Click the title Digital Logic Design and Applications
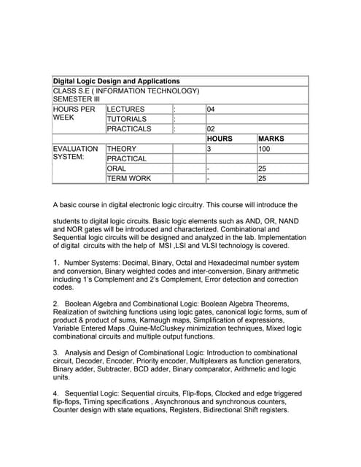coord(116,81)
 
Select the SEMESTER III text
coord(77,99)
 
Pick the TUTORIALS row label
coord(127,119)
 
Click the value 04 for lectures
coord(211,109)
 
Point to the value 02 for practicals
coord(211,129)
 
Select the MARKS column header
coord(271,139)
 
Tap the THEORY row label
coord(122,149)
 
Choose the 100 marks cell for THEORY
coord(264,149)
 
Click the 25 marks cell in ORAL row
coord(263,169)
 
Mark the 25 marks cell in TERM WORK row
coord(263,178)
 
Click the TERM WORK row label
coord(129,178)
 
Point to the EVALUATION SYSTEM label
coord(75,153)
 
